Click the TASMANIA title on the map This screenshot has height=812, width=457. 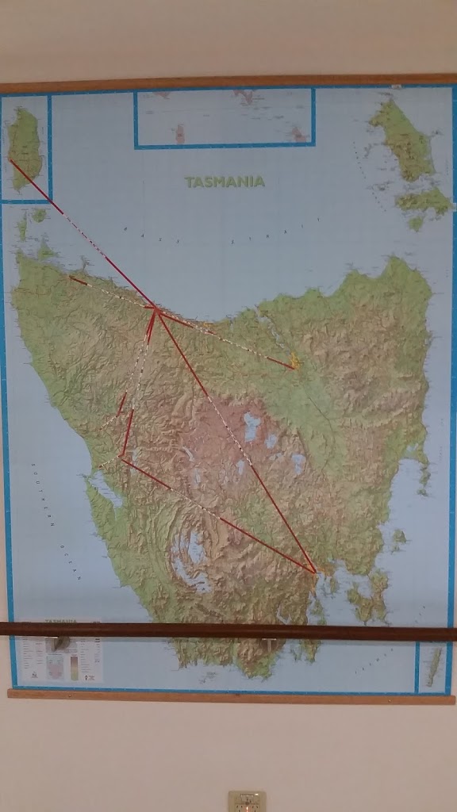(225, 182)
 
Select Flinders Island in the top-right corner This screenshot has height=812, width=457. (405, 143)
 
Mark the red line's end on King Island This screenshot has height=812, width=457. (10, 161)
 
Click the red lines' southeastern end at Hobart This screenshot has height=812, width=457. (315, 570)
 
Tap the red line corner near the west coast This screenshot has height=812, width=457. (121, 457)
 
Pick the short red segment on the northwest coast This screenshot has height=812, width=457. (78, 279)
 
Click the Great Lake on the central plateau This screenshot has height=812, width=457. (253, 427)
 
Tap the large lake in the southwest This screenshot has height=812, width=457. (190, 555)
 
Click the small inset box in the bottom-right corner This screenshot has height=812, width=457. (432, 665)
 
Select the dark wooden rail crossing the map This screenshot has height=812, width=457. (228, 631)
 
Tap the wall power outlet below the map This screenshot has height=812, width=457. (247, 801)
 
